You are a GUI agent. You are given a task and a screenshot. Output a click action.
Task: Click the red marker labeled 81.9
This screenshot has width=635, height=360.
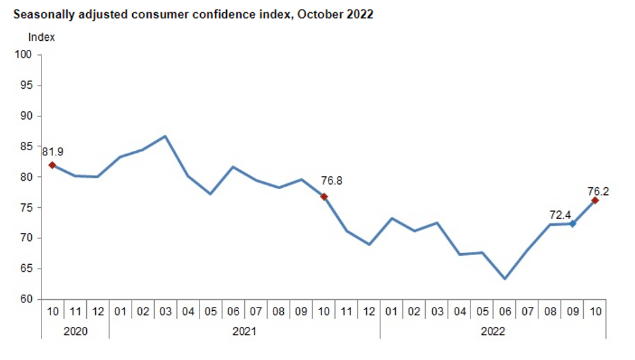52,165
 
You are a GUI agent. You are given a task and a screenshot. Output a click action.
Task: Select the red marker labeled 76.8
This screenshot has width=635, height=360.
324,196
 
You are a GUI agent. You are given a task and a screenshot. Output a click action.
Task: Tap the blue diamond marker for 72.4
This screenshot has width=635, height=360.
573,223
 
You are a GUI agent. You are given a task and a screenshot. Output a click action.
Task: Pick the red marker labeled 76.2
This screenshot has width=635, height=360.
595,200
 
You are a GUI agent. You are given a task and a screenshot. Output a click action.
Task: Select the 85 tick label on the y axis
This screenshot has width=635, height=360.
27,146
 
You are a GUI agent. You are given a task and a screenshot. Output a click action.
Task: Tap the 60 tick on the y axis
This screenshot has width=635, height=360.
27,300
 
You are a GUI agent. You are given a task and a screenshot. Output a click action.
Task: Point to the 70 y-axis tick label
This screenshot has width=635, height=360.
27,238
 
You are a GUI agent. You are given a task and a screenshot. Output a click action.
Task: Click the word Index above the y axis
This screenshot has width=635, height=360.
41,37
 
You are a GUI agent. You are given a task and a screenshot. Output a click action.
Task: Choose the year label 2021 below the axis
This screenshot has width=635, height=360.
244,331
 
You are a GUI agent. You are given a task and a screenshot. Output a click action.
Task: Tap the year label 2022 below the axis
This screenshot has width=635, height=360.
493,331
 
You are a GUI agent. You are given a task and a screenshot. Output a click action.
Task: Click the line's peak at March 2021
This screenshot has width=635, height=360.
165,136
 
